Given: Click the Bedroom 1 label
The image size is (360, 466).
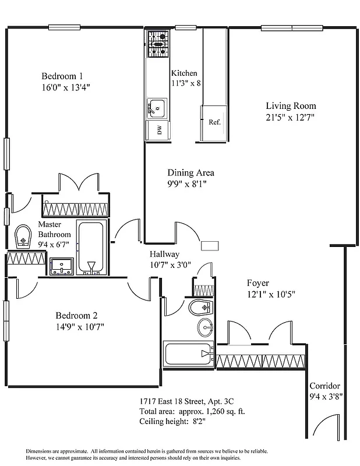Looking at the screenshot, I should (62, 76).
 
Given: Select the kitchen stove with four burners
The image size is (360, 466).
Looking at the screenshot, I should (157, 41).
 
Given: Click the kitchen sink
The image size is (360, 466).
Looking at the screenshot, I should (156, 108).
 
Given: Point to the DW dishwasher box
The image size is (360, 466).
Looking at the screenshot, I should (157, 130).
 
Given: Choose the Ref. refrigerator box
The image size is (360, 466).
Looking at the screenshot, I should (214, 122).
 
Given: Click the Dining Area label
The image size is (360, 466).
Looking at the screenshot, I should (190, 172).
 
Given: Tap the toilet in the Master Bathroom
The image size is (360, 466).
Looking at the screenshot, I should (23, 236).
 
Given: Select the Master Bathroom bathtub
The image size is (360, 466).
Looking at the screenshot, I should (91, 248).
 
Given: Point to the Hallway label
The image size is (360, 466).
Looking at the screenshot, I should (164, 254).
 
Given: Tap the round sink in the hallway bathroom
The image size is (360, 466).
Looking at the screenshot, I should (205, 327).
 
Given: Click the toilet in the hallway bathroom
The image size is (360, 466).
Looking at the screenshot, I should (203, 306).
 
